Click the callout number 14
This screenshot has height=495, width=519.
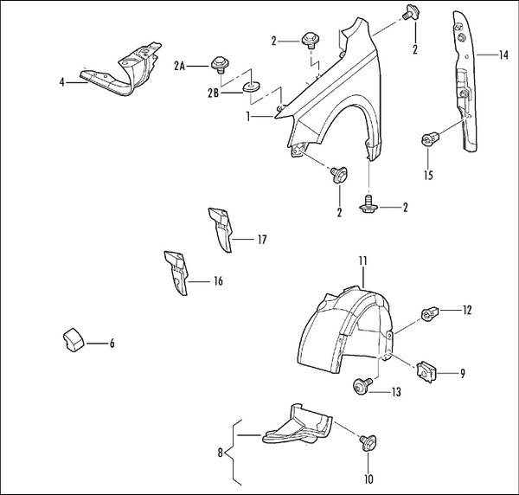(503, 55)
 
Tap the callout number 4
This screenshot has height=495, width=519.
(62, 81)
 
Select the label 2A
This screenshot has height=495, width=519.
(180, 65)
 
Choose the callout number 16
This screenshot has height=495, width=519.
(218, 280)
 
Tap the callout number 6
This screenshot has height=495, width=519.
(112, 343)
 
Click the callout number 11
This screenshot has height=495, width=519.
(363, 260)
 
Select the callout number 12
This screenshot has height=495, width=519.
(466, 309)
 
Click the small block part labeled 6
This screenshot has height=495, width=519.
(73, 338)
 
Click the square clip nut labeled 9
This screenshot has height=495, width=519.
(426, 371)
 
